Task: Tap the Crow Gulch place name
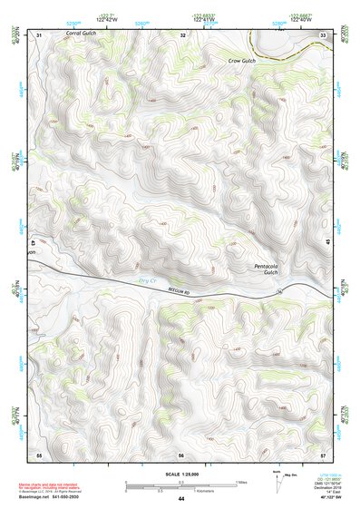[x=243, y=60]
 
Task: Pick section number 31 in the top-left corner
[x=39, y=34]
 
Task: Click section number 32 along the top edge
[x=182, y=34]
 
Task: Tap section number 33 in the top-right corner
[x=324, y=34]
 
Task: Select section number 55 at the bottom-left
[x=39, y=453]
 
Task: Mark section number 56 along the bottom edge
[x=181, y=453]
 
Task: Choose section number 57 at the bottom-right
[x=324, y=453]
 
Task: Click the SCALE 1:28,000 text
[x=180, y=475]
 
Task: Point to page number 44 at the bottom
[x=181, y=498]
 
